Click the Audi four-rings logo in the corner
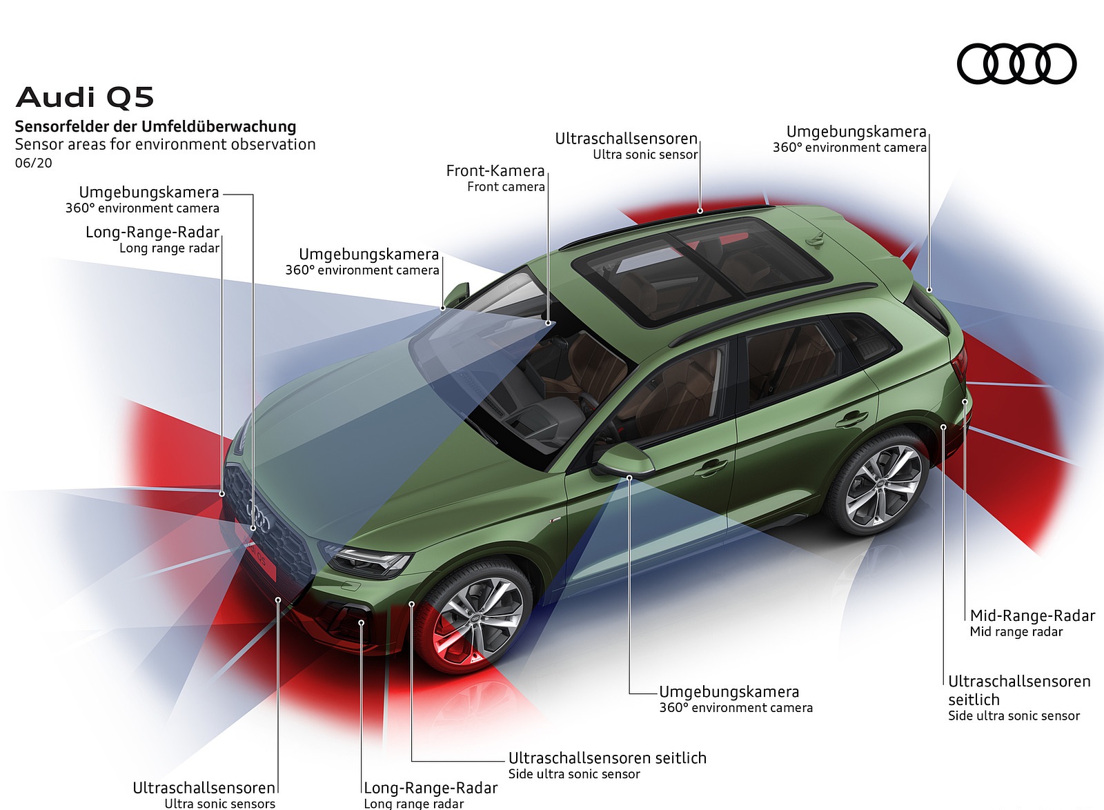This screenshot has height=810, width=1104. click(x=1016, y=64)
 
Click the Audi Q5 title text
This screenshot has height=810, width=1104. click(x=84, y=97)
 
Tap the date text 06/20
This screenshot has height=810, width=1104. click(x=33, y=164)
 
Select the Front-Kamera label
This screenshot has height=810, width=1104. click(x=495, y=171)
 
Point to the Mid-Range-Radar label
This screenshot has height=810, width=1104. click(x=1032, y=615)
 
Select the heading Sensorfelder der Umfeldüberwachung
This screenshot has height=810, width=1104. click(x=155, y=126)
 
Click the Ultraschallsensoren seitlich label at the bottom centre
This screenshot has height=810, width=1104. click(x=607, y=758)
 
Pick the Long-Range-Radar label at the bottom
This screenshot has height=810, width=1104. click(x=431, y=788)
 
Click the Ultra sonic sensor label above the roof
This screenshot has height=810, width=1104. click(x=645, y=155)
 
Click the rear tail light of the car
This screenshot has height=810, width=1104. click(x=960, y=362)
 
